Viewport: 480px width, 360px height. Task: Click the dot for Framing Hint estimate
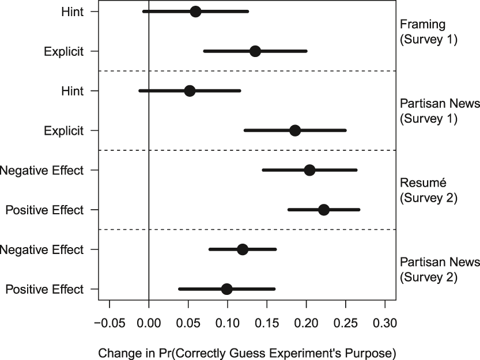tap(195, 12)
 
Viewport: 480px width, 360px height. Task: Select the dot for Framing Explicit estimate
tap(255, 51)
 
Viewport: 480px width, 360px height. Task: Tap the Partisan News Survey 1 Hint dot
tap(190, 91)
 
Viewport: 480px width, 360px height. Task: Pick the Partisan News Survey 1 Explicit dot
tap(295, 131)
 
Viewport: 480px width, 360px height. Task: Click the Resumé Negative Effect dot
tap(309, 170)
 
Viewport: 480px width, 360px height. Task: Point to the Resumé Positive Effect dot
tap(324, 210)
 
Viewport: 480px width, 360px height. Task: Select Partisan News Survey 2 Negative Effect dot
tap(243, 249)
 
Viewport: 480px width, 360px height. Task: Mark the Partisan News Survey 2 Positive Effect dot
tap(226, 289)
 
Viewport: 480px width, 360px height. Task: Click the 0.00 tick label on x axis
tap(149, 323)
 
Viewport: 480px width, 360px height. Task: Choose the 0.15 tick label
tap(267, 323)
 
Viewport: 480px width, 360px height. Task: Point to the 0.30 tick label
tap(385, 323)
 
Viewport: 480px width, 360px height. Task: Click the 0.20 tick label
tap(306, 323)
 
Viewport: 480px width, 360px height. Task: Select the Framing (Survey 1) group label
tap(428, 32)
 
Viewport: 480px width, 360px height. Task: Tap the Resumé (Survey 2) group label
tap(428, 190)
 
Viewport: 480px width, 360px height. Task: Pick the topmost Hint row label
tap(72, 12)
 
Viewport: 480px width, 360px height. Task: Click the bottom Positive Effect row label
tap(44, 289)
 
